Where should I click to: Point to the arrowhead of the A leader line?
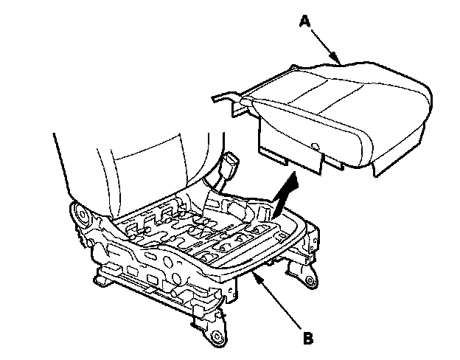pos(339,60)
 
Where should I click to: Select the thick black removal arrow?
pos(284,193)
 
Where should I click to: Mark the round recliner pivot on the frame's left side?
pos(82,219)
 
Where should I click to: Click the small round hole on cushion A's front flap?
pos(315,145)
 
